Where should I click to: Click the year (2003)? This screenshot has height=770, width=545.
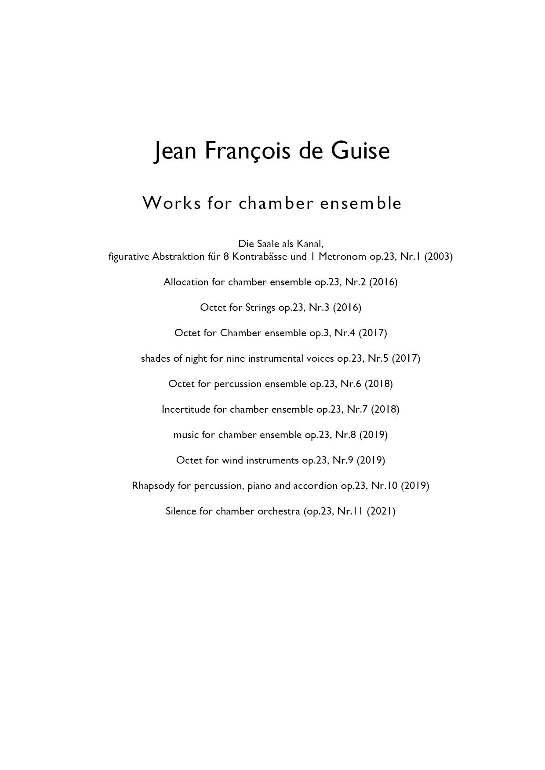(438, 256)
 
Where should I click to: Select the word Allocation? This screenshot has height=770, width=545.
(186, 282)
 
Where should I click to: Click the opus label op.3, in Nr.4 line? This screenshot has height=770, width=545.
(320, 333)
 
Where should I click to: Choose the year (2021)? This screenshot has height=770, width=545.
(381, 511)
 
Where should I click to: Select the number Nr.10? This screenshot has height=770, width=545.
(384, 486)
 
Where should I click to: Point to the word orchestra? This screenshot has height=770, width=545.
(279, 511)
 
